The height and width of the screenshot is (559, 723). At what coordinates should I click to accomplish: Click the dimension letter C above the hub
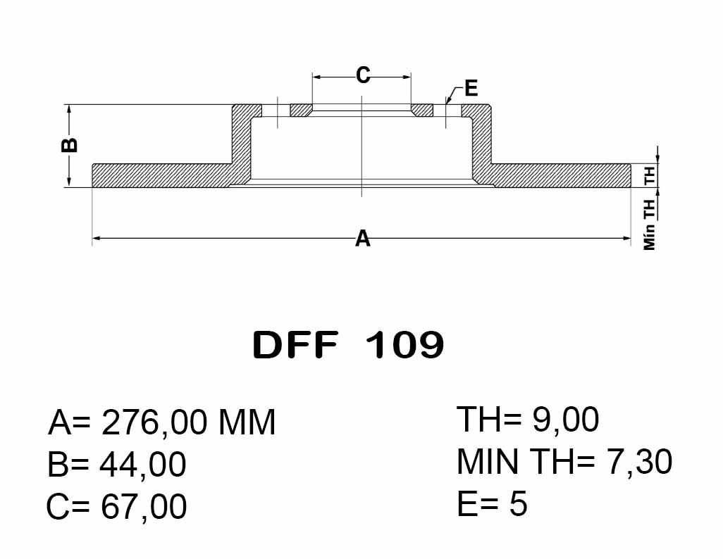363,75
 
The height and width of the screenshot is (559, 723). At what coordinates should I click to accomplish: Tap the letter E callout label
471,88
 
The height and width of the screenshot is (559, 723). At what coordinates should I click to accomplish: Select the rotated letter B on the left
70,145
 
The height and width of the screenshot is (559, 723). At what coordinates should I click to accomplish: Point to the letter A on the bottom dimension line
363,239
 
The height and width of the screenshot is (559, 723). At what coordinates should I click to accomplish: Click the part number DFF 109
348,345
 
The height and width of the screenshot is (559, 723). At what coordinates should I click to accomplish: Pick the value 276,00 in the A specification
154,422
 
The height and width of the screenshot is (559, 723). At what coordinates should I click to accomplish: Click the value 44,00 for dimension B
143,464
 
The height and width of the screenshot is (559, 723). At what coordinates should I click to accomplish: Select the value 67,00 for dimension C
143,506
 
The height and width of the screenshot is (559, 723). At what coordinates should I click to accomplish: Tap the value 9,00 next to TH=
565,420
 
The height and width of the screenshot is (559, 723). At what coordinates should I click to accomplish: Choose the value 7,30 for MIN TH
640,461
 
